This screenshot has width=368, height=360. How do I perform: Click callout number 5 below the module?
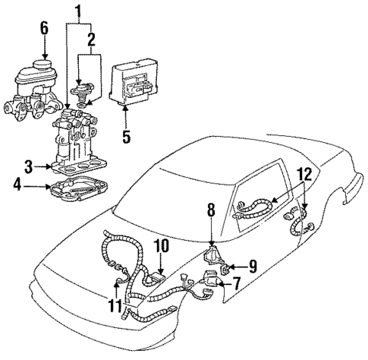[126, 137]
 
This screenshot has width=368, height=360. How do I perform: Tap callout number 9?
[252, 267]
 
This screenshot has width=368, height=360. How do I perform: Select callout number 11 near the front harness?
[115, 306]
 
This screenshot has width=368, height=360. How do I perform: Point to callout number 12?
[304, 175]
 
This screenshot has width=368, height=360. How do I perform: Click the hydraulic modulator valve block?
[83, 141]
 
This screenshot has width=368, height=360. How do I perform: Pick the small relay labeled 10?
[159, 276]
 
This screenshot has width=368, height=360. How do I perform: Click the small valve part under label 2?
[79, 94]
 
